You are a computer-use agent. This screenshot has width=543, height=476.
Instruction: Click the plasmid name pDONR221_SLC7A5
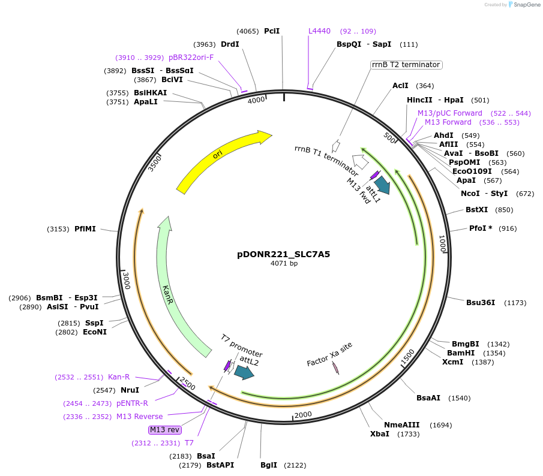[284, 254]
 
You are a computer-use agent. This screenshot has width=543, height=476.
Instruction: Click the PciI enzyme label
[272, 31]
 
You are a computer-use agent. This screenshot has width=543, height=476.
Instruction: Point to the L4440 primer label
[319, 31]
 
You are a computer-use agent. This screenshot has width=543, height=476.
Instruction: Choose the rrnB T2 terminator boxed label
[406, 65]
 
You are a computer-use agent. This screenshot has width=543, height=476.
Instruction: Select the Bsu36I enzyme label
[481, 302]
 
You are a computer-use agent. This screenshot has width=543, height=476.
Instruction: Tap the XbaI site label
[379, 433]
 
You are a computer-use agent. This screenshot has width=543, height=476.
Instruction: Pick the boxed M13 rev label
[165, 430]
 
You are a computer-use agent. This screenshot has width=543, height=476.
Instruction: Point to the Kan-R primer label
[119, 377]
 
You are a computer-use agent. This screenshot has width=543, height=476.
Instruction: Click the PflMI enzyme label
[85, 229]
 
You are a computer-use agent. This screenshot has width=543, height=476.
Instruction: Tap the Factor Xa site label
[329, 354]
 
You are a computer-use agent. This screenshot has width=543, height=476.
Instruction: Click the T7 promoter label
[241, 346]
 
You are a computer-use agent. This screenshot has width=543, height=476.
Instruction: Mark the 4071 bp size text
[284, 263]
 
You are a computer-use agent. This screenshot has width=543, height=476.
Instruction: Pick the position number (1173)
[515, 302]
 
